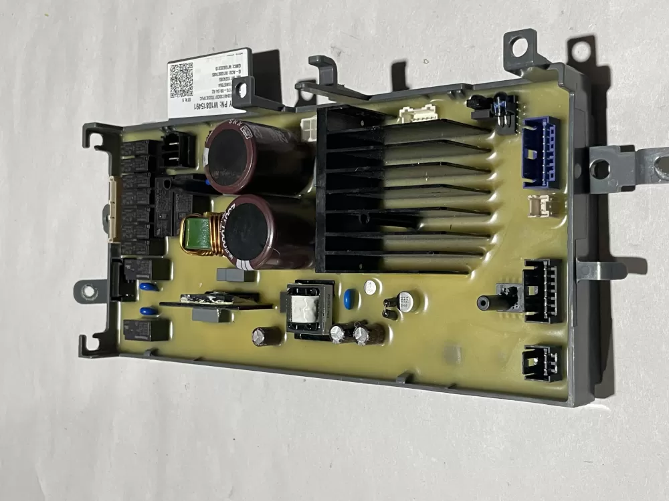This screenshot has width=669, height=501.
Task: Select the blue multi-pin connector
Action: [x=541, y=152]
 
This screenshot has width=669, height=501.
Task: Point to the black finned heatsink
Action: [x=401, y=190]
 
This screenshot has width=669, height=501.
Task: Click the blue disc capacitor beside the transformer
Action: [x=348, y=299]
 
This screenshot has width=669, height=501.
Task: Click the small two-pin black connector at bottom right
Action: [x=542, y=362]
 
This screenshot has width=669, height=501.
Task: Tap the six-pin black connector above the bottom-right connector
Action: [x=543, y=291]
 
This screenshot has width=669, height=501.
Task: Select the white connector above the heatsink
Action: [x=418, y=115]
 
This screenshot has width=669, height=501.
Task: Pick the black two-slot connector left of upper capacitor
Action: [x=180, y=148]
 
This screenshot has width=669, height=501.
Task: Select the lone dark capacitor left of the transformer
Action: [x=266, y=336]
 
